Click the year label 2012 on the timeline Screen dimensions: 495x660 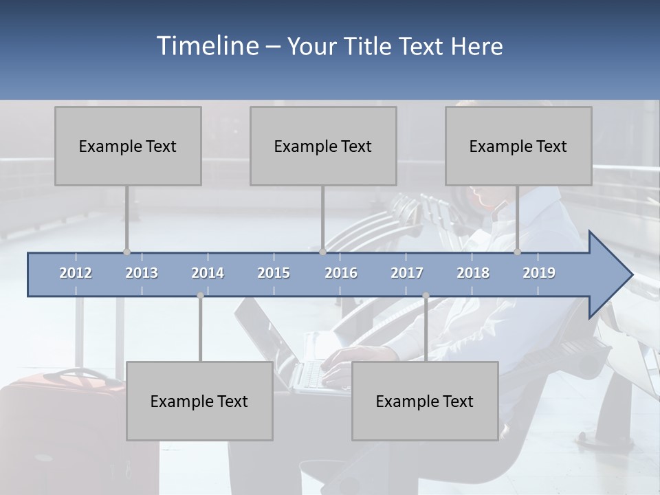pos(76,273)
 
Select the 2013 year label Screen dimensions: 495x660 pos(142,273)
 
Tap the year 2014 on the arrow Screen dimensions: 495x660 pos(208,273)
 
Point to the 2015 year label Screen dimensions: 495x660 pos(274,273)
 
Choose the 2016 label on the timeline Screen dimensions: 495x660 pos(341,273)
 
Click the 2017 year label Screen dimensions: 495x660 pos(407,273)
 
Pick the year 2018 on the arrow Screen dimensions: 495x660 pos(473,273)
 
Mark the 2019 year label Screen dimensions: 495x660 pos(539,273)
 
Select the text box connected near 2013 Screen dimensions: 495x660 pos(128,146)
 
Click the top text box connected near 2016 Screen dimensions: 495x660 pos(323,146)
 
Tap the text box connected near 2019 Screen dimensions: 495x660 pos(518,146)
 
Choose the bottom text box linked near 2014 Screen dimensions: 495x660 pos(199,401)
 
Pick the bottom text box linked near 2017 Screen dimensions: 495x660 pos(425,401)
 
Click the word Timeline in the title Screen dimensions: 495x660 pos(206,46)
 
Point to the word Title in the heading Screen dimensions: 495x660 pos(369,46)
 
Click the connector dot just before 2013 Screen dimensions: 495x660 pos(126,252)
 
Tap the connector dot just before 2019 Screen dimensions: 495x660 pos(518,252)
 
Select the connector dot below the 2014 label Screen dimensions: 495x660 pos(200,296)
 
